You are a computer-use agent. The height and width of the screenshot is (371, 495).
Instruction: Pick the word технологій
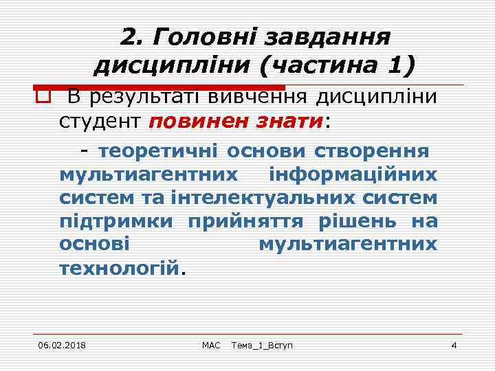point(120,268)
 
